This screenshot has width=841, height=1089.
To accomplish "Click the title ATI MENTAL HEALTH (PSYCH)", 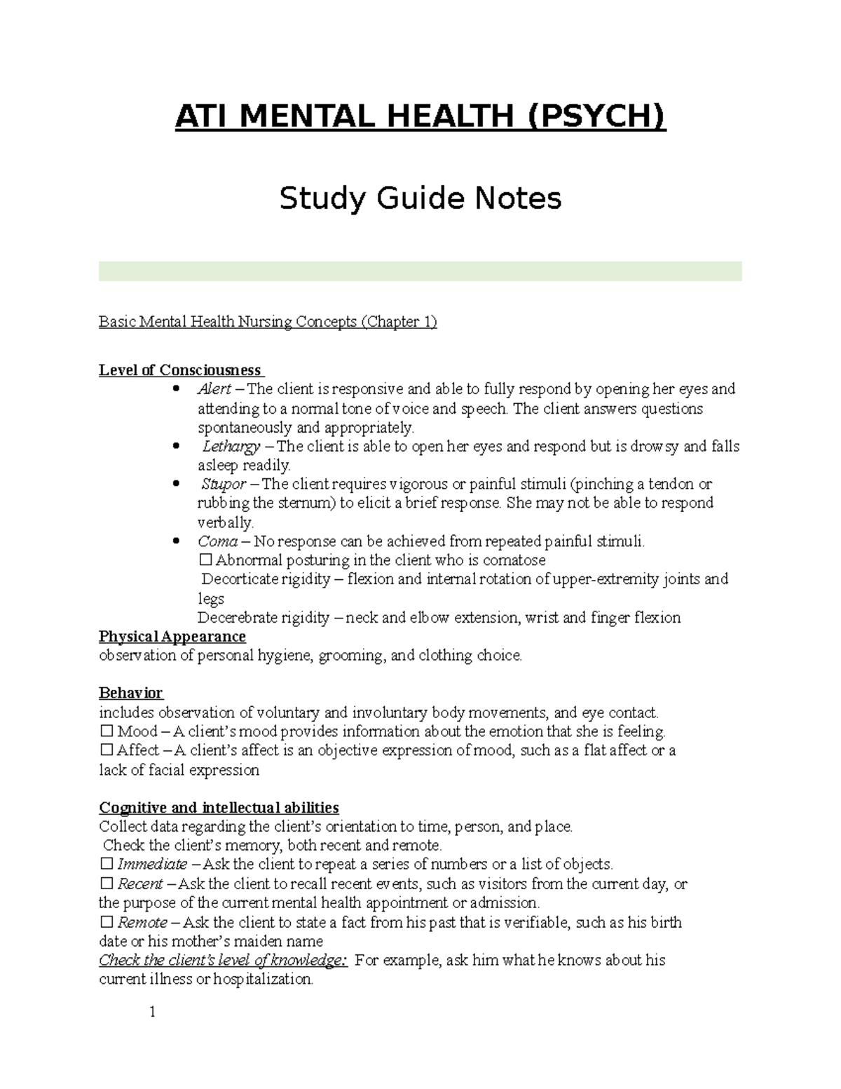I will [x=420, y=116].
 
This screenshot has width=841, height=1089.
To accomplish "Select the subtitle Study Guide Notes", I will [x=420, y=198].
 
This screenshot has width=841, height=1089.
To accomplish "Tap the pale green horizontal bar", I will [x=420, y=271].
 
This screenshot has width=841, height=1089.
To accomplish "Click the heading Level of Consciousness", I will [x=181, y=370].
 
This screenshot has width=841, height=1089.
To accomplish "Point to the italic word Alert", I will [x=214, y=389].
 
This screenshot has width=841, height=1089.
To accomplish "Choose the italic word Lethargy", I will [x=231, y=447].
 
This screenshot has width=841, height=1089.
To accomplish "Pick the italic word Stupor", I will [x=224, y=485].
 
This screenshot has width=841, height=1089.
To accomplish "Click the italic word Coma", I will [x=217, y=541].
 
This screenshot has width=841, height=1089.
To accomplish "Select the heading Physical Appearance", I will [x=172, y=637].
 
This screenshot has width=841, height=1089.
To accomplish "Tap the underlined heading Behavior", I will [x=131, y=694].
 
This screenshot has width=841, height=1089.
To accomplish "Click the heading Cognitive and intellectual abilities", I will [x=219, y=807].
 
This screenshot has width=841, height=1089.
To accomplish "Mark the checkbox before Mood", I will [x=107, y=731].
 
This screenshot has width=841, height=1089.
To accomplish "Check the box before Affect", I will [x=107, y=750].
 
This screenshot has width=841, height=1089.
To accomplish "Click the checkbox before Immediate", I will [x=107, y=864].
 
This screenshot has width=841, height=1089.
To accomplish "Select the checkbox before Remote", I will [x=107, y=922].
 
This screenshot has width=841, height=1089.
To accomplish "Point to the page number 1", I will [x=151, y=1012].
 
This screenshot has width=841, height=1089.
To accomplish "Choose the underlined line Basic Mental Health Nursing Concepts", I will [x=268, y=322].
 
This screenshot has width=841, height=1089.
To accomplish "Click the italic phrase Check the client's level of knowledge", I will [x=223, y=960].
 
